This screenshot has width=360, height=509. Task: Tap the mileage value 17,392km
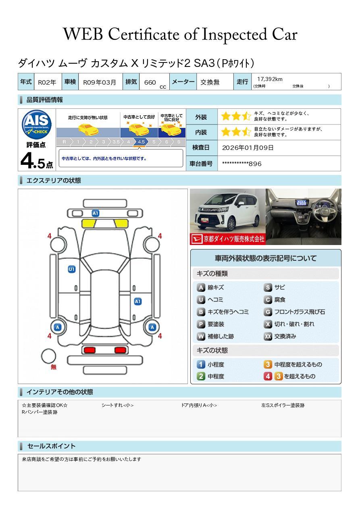[x=270, y=79]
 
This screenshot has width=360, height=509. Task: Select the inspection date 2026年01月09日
[x=248, y=148]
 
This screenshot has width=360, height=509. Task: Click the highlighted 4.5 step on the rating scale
[x=141, y=142]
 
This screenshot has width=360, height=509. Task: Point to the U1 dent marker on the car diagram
[x=72, y=269]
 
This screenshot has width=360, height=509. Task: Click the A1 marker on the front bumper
[x=96, y=213]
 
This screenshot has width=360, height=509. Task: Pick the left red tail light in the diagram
[x=89, y=350]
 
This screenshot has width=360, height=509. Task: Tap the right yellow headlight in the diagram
[x=121, y=224]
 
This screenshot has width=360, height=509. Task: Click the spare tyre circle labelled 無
[x=48, y=356]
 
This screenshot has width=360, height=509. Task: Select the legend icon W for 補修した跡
[x=201, y=336]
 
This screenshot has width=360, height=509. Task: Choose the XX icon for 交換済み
[x=268, y=336]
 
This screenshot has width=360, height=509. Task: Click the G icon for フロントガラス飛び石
[x=268, y=312]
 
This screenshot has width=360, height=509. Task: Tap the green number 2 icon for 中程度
[x=201, y=376]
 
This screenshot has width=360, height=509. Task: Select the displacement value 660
[x=150, y=82]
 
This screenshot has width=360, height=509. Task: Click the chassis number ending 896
[x=242, y=164]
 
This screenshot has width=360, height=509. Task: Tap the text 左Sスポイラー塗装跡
[x=283, y=405]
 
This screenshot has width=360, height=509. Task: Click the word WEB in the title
[x=83, y=34]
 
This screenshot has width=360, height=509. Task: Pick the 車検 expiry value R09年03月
[x=100, y=82]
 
